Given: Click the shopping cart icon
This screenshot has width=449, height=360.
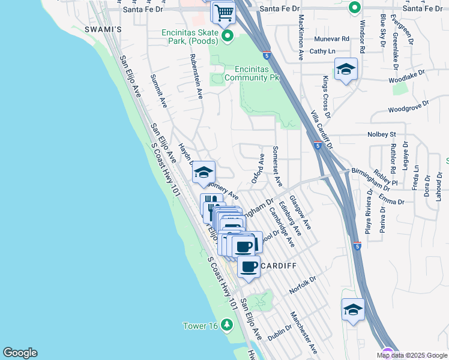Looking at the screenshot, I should (x=224, y=12).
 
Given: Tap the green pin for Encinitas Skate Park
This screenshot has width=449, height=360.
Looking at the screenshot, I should (x=228, y=37).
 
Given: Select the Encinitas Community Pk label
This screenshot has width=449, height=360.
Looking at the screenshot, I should (x=252, y=73).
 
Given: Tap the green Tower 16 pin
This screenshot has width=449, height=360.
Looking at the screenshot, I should (x=226, y=326).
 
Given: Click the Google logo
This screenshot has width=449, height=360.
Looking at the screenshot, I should (x=20, y=353).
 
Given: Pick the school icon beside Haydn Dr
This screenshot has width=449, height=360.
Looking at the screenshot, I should (x=204, y=173).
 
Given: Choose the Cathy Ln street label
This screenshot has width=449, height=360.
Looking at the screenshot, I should (x=323, y=52).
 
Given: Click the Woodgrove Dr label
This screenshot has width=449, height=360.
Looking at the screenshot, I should (x=408, y=107).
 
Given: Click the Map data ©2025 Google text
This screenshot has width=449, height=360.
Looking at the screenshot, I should (x=412, y=355).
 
